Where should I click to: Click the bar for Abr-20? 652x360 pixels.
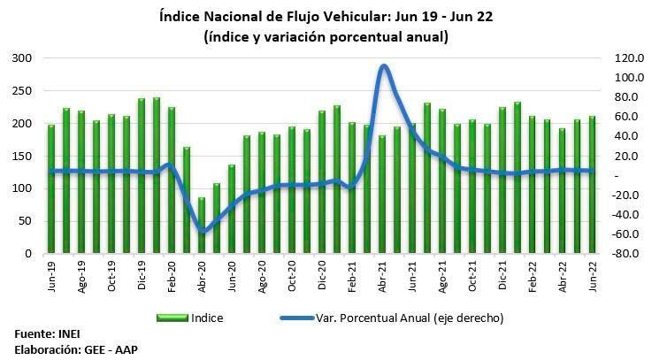[x=202, y=226]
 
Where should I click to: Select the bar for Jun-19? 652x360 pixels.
[x=51, y=189]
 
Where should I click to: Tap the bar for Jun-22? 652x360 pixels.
[x=593, y=185]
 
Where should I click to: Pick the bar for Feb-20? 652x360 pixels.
[x=172, y=180]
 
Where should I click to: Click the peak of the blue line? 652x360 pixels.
[x=383, y=66]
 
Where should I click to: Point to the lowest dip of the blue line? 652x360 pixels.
[x=203, y=233]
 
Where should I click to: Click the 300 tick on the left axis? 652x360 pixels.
[x=24, y=58]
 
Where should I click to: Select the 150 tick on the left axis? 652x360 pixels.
[x=24, y=157]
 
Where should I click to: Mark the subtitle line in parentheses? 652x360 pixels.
[x=326, y=36]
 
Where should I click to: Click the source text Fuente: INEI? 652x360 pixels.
[x=44, y=335]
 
